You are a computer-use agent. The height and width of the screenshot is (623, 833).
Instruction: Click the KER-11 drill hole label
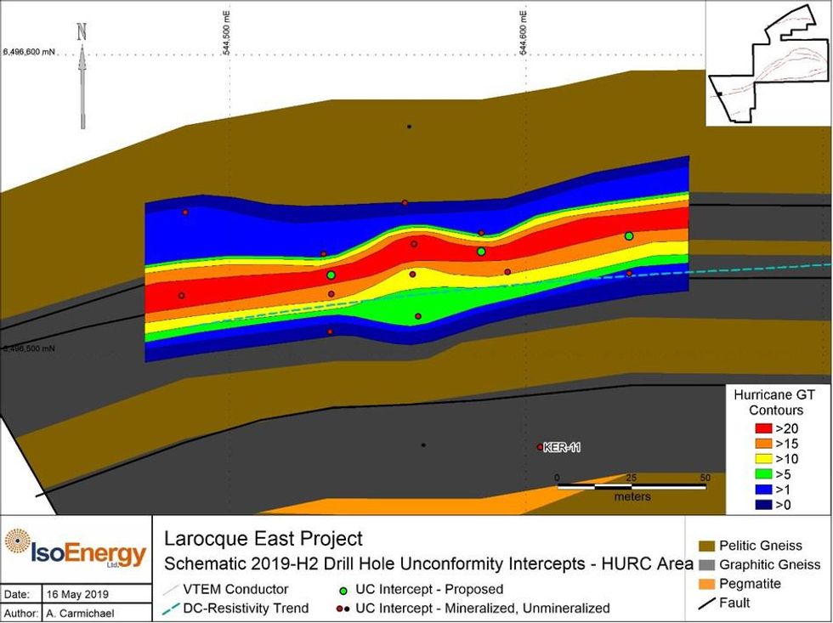pyautogui.click(x=562, y=447)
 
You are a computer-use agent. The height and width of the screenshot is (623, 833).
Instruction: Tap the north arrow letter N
pyautogui.click(x=82, y=32)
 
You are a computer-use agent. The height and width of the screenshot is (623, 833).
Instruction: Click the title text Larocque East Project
pyautogui.click(x=263, y=539)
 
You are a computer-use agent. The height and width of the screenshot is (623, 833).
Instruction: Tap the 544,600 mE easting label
pyautogui.click(x=523, y=31)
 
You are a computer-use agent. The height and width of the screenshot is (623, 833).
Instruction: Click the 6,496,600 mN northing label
pyautogui.click(x=29, y=52)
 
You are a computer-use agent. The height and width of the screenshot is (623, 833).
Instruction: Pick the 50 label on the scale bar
pyautogui.click(x=705, y=478)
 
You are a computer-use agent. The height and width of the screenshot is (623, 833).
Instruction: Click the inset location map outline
pyautogui.click(x=768, y=64)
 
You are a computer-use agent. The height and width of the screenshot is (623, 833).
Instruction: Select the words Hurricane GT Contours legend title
pyautogui.click(x=768, y=403)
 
